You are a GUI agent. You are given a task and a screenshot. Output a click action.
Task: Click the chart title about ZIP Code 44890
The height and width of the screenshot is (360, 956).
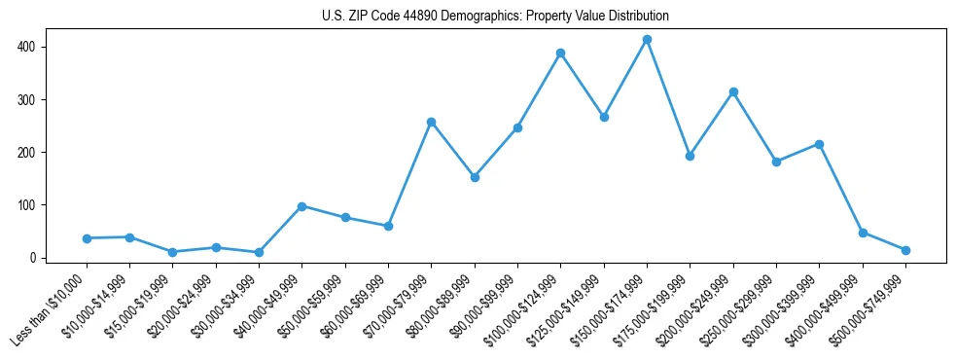pos(495,17)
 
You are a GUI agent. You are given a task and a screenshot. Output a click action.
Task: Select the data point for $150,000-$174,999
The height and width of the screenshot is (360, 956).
pos(647,40)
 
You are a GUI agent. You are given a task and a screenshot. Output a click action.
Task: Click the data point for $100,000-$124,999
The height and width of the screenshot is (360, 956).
pos(560,54)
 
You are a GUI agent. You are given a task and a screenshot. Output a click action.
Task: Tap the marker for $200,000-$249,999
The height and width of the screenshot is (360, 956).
pos(733,92)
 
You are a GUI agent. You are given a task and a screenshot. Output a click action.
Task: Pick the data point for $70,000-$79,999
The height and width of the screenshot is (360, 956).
pos(431,123)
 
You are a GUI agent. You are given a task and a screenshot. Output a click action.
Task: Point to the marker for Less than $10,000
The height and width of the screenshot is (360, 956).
pos(87,238)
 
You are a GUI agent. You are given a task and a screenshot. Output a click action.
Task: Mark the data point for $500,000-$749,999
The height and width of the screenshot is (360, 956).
pos(905,250)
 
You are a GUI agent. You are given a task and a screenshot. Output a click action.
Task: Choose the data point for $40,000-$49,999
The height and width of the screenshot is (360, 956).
pos(301,206)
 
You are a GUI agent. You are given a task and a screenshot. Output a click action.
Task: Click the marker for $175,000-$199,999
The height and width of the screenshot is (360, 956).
pos(690,156)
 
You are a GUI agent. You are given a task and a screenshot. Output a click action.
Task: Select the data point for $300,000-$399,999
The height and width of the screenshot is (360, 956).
pos(819,144)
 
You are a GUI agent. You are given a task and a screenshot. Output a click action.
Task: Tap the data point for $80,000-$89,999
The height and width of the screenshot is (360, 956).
pos(475,177)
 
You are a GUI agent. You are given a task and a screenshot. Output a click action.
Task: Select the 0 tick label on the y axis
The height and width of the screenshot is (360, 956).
pos(33,258)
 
